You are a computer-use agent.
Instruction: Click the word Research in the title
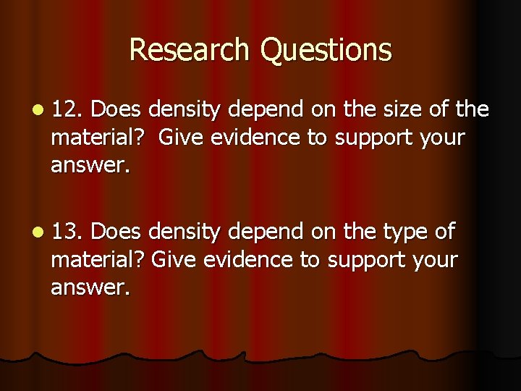[x=191, y=49]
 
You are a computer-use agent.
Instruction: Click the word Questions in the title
[x=326, y=51]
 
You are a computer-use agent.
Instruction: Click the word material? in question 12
[x=99, y=138]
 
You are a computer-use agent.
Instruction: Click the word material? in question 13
[x=99, y=260]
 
